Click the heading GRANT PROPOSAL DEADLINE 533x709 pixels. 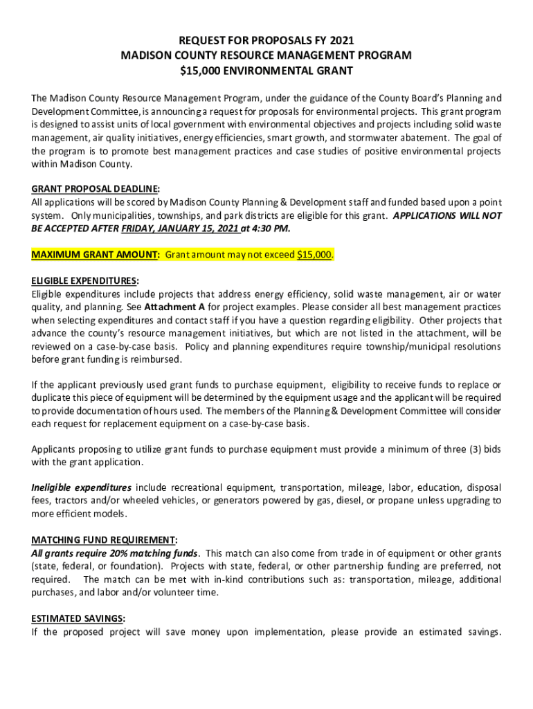96,189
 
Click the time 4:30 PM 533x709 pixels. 271,228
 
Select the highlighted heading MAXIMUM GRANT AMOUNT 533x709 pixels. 96,254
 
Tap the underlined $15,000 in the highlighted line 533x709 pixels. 314,254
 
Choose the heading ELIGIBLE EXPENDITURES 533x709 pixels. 84,280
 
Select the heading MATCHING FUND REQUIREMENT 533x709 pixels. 104,541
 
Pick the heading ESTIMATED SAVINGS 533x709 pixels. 76,619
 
